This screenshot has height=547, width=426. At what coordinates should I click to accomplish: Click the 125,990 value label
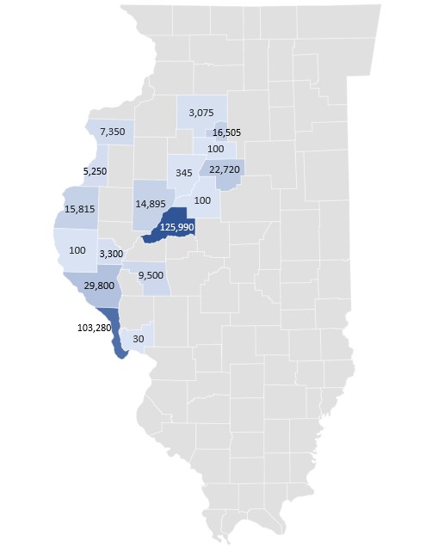pos(179,227)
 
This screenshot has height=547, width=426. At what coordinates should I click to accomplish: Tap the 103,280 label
pos(87,327)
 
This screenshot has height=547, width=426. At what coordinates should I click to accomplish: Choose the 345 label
pos(183,173)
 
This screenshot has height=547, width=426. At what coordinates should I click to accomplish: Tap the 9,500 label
pos(151,276)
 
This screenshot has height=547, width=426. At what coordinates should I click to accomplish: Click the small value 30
pos(139,339)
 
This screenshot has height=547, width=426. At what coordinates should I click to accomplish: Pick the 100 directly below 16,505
pos(216,148)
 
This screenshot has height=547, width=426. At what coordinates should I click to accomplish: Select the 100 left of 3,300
pos(77,249)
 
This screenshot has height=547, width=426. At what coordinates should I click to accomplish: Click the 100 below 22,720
pos(203,200)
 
